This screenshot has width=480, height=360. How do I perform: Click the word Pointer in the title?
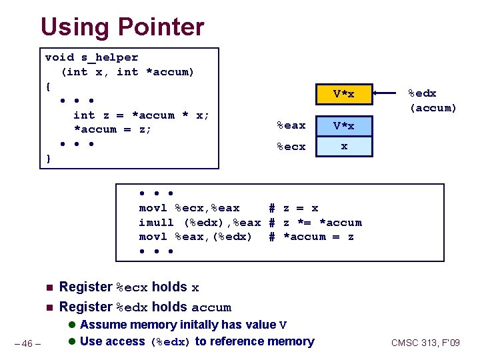coord(161,27)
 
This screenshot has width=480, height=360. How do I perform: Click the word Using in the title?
coord(75,27)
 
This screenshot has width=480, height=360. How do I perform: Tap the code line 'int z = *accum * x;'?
coord(141,115)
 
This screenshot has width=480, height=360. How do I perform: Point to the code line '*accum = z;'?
coord(113,129)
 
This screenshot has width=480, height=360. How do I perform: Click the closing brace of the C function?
coord(47,159)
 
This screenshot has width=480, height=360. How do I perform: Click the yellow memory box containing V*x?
coord(343,95)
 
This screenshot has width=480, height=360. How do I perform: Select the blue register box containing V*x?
coord(343,125)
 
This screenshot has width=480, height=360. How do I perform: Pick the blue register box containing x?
coord(343,146)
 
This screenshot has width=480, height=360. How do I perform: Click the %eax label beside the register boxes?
coord(291,125)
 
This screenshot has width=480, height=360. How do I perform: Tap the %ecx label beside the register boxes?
coord(291,147)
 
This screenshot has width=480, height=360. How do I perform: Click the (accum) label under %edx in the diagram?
coord(433,108)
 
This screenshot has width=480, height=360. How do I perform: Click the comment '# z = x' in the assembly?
coord(293,208)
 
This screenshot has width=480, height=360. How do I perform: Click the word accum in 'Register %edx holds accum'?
coord(211,308)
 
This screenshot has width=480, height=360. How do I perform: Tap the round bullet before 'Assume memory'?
coord(72,325)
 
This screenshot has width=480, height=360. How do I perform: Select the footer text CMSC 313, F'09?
coord(425,343)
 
